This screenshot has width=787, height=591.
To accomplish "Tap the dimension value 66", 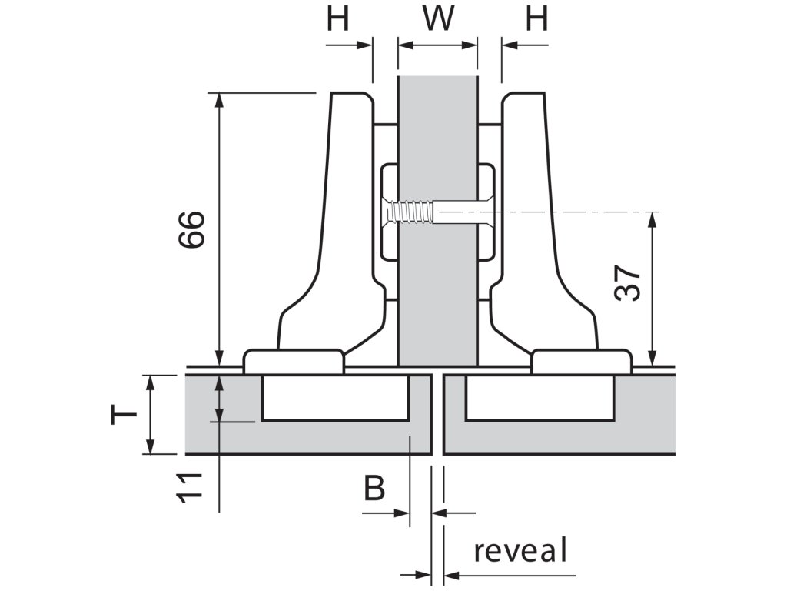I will (191, 229).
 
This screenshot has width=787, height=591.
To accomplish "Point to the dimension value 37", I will (628, 284).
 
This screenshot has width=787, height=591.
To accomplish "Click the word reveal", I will (520, 551).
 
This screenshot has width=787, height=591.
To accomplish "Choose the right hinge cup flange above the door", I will (582, 361).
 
